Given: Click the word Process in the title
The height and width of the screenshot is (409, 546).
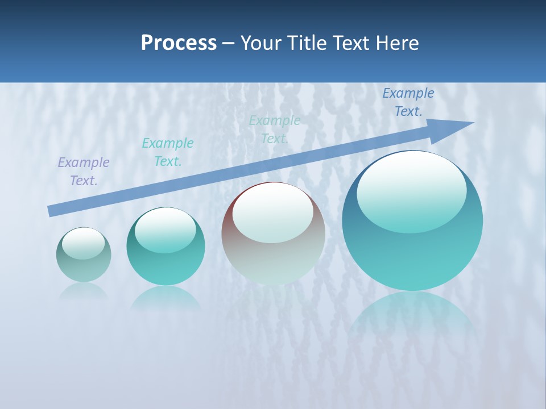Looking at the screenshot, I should (x=179, y=43).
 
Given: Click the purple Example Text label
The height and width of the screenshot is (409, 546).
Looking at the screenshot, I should (x=84, y=172).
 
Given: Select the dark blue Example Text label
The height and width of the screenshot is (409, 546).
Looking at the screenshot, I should (x=408, y=102).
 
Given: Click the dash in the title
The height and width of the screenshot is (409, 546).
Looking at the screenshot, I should (x=228, y=43).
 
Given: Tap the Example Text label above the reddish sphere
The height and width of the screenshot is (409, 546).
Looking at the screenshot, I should (x=275, y=130).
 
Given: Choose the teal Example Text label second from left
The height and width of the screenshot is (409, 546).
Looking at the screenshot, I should (x=168, y=152).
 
